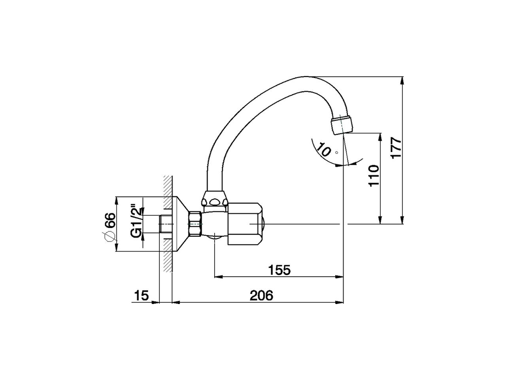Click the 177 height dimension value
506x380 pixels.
(x=396, y=148)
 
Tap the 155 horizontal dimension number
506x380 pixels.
(x=279, y=270)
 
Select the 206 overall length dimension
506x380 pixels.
(x=262, y=295)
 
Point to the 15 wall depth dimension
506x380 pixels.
(x=141, y=295)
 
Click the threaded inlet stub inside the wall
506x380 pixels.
(x=166, y=224)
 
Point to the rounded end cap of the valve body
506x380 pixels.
(x=263, y=224)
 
